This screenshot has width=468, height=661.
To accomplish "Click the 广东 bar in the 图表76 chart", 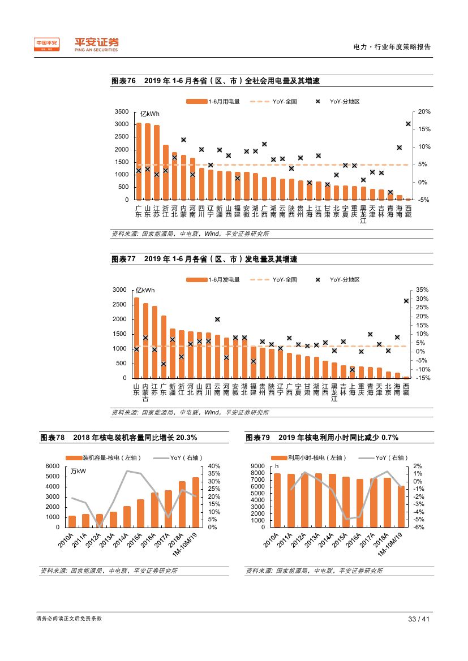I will click(x=139, y=161).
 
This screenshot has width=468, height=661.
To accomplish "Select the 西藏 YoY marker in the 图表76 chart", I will click(x=408, y=124).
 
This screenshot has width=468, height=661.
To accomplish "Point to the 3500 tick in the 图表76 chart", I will click(x=122, y=112).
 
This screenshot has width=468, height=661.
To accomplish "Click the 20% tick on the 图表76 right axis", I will click(x=424, y=112).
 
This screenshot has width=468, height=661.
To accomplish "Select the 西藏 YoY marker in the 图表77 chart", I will click(x=406, y=301).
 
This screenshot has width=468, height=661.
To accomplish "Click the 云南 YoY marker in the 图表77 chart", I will click(x=217, y=319).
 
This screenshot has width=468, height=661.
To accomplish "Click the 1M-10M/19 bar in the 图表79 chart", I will click(x=401, y=507).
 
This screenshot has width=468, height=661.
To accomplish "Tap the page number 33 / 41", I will click(x=419, y=619).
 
